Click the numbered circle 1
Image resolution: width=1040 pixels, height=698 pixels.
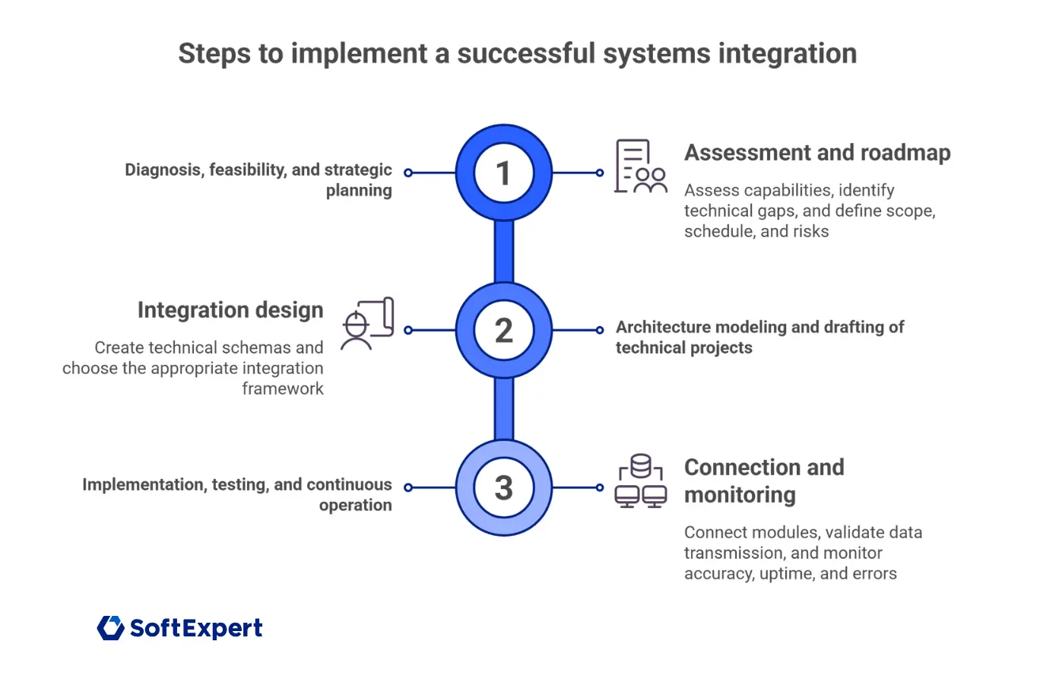503,173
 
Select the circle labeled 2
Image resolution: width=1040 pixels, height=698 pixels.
503,330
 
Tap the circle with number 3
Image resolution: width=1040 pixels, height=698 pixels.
503,487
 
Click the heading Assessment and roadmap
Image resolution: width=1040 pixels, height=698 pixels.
817,153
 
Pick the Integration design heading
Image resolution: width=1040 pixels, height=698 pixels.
230,310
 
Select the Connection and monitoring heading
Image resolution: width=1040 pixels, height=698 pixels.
763,481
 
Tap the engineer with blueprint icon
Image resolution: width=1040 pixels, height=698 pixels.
367,324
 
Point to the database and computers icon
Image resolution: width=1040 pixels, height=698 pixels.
640,481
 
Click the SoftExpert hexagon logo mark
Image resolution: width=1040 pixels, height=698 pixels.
111,628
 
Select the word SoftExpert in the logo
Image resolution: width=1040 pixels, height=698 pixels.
196,628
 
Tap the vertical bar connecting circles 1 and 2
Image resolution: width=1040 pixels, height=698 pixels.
503,252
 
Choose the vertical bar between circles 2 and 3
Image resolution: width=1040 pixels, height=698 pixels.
503,409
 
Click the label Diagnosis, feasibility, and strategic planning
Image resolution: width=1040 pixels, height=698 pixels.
258,179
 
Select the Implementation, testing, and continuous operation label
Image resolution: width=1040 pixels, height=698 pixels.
237,494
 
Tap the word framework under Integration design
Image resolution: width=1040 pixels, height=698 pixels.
283,389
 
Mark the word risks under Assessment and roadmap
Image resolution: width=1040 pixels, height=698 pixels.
810,231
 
